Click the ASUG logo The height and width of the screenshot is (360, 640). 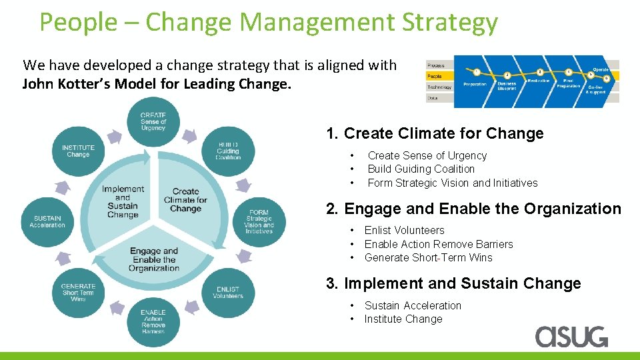pyautogui.click(x=571, y=336)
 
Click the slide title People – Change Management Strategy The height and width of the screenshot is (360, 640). pyautogui.click(x=268, y=22)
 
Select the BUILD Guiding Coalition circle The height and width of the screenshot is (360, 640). pyautogui.click(x=228, y=151)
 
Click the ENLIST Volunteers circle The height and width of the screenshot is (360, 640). pyautogui.click(x=228, y=293)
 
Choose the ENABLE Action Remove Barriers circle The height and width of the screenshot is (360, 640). pyautogui.click(x=153, y=321)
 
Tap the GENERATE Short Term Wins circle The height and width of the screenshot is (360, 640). pyautogui.click(x=78, y=293)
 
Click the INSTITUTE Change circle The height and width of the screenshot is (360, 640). pyautogui.click(x=78, y=151)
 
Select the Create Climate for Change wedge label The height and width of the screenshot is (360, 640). pyautogui.click(x=185, y=200)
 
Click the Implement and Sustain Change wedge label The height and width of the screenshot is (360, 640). pyautogui.click(x=123, y=202)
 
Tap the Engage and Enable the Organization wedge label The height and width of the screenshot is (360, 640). pyautogui.click(x=154, y=259)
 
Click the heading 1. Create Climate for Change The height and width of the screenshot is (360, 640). pyautogui.click(x=435, y=133)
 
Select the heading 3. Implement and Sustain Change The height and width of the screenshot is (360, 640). pyautogui.click(x=453, y=283)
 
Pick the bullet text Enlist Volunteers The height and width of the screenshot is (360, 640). pyautogui.click(x=404, y=230)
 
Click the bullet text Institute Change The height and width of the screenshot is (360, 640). pyautogui.click(x=403, y=319)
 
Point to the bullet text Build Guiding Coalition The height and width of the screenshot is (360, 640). pyautogui.click(x=421, y=169)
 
